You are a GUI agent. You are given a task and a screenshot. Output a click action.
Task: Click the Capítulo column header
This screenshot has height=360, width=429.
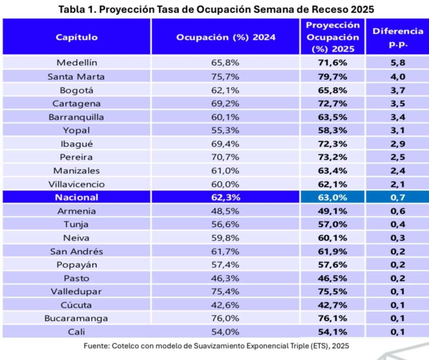coord(77,37)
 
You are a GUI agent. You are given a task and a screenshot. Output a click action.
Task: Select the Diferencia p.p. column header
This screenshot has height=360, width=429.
coord(398,37)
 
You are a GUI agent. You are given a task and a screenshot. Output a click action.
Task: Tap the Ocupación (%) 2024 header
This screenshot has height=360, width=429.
coord(226,37)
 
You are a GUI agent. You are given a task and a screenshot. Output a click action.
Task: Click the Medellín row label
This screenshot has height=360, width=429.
coord(77,63)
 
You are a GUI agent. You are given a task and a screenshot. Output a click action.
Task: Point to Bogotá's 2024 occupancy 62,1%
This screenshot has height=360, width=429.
coord(225,90)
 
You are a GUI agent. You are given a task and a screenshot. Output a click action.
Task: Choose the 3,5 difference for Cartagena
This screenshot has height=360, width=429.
coord(398,103)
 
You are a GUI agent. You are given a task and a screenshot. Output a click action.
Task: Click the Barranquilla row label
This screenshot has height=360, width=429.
coord(77,117)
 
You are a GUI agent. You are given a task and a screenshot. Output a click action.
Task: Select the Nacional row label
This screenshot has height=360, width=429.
coord(77,197)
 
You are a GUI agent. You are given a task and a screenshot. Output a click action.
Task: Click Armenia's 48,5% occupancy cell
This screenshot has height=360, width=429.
coord(225,211)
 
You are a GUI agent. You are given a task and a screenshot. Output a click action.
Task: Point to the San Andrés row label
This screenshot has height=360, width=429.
coord(77,251)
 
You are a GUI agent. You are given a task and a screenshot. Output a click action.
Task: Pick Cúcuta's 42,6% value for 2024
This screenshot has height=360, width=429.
coord(225,305)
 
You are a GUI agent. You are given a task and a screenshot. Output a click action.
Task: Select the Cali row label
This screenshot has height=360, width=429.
coord(77,332)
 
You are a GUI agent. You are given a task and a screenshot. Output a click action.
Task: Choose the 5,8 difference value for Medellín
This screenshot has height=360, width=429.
coord(398,63)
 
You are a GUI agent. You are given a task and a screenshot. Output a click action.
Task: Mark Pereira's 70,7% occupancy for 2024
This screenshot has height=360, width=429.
coord(225,157)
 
